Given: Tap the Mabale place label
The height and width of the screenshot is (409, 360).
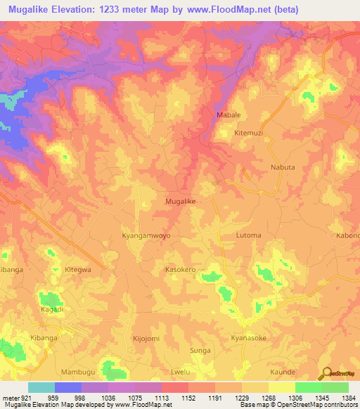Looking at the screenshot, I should click(x=227, y=115).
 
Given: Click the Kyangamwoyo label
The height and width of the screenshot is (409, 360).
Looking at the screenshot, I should click(x=146, y=235).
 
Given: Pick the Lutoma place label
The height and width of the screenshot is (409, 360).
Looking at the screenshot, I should click(x=248, y=235).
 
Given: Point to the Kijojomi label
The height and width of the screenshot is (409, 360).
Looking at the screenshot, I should click(x=146, y=338).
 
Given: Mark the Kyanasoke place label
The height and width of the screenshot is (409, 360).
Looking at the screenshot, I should click(x=248, y=338).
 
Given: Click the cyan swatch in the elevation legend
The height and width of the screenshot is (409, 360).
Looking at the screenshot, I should click(x=41, y=387).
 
